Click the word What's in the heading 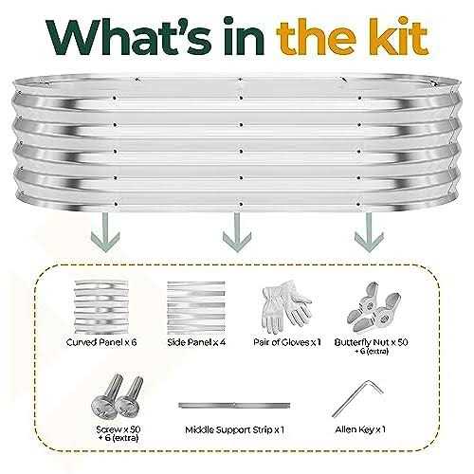(129, 36)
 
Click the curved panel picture (101, 307)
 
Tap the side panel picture (196, 307)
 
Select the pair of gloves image (286, 307)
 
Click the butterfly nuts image (374, 307)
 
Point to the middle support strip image (234, 405)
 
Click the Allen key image (357, 399)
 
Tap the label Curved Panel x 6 (101, 342)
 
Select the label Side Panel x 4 (196, 342)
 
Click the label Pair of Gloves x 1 (287, 342)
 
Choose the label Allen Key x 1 (360, 429)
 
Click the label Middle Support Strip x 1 (234, 430)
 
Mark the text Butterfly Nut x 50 (371, 342)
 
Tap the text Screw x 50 (118, 429)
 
